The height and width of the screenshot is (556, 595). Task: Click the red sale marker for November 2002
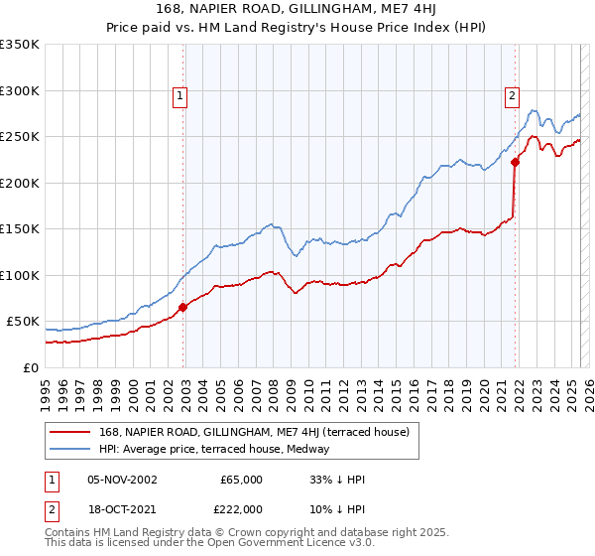coord(182,308)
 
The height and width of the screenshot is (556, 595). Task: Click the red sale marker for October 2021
coord(515,163)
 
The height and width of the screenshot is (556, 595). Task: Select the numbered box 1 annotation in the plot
coord(179,96)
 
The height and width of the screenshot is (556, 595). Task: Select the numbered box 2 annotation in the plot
coord(512,96)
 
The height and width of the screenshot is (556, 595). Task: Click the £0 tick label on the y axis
coord(31,367)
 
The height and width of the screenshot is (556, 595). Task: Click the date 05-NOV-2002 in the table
coord(122,480)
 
